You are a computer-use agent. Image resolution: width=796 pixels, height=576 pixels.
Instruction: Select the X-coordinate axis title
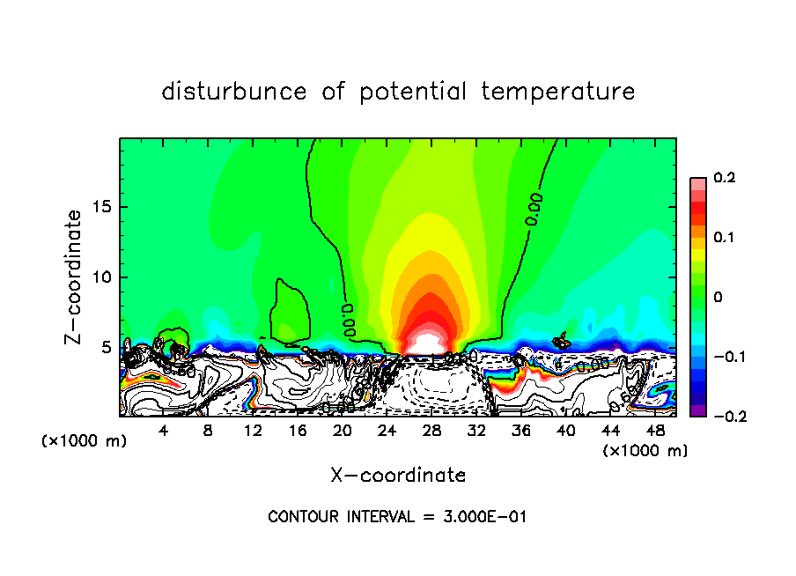tap(398, 476)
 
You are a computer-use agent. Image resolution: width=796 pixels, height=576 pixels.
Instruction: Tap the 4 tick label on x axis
tap(164, 431)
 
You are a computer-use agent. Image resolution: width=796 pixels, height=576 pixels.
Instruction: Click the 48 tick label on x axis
tap(654, 431)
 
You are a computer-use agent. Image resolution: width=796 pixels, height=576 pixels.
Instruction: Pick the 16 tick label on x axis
tap(298, 431)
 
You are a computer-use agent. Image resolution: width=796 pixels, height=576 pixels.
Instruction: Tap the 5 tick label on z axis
tap(107, 347)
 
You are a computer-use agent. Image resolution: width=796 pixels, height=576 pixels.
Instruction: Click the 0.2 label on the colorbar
tap(723, 178)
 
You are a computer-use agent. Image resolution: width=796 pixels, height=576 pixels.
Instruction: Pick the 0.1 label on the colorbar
tap(723, 238)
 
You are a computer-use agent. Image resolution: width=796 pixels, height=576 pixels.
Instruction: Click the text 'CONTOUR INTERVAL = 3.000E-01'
tap(397, 517)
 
